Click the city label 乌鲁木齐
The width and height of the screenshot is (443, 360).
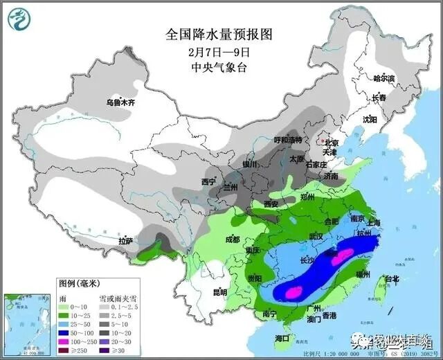(120, 102)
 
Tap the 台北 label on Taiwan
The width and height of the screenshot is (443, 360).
(392, 279)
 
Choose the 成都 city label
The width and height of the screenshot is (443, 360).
(232, 240)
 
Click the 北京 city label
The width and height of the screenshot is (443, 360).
(333, 143)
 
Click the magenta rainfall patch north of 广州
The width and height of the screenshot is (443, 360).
(293, 292)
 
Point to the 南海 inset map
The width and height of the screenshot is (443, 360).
(28, 318)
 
